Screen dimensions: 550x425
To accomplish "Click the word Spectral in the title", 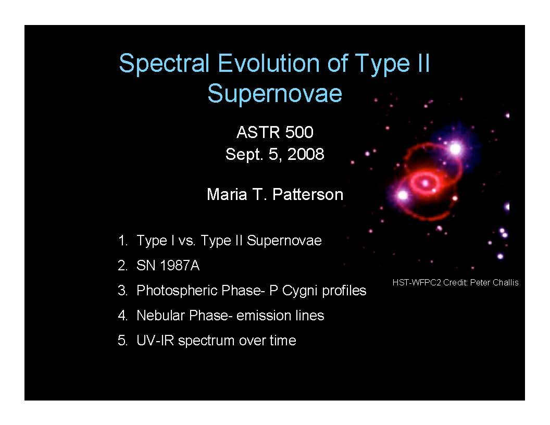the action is pos(164,64).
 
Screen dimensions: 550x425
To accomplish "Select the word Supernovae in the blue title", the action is pos(274,93).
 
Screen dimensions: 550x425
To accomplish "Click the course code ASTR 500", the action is pos(274,132).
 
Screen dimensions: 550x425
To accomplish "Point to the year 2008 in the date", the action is pos(306,154).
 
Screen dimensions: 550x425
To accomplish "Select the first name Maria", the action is pos(227,194).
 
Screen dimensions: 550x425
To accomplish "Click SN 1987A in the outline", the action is pos(168,266).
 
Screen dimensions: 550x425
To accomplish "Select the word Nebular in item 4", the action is pos(160,315).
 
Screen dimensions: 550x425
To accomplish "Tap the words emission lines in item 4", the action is pos(280,315).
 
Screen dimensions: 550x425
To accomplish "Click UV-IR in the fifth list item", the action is pos(155,341).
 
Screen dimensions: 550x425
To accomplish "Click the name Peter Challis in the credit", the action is pos(494,282).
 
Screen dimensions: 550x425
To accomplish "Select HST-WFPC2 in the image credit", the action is pos(416,282).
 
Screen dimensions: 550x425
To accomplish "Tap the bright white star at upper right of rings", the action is pos(455,148).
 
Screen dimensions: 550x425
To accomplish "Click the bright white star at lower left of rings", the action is pos(403,195).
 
